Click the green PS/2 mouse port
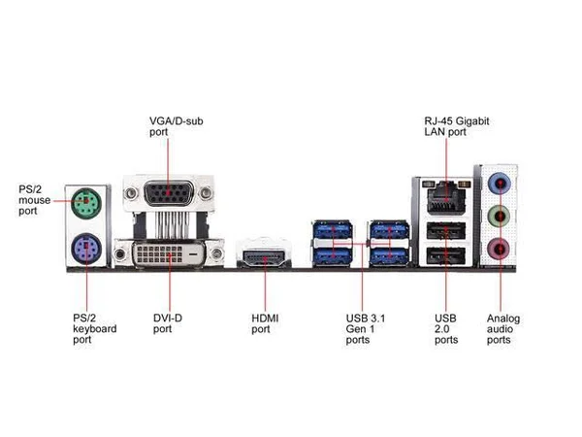(86, 203)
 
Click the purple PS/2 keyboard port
(86, 249)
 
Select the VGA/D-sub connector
(169, 193)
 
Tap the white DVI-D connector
(169, 254)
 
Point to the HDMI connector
(264, 256)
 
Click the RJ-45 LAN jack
(446, 196)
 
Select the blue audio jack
(500, 183)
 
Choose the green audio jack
(500, 216)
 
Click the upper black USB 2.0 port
(446, 231)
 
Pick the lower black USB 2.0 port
(446, 256)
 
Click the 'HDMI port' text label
(265, 323)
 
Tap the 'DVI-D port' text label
(168, 323)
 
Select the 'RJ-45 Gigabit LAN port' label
(457, 126)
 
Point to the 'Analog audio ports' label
(503, 329)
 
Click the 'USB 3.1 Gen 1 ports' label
(366, 329)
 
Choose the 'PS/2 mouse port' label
(35, 200)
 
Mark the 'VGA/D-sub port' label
(177, 126)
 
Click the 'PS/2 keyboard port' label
(95, 329)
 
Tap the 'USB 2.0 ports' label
(446, 329)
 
